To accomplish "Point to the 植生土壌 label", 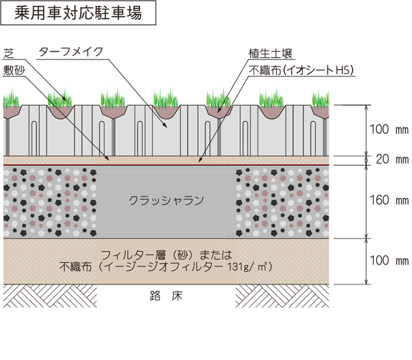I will (x=271, y=54).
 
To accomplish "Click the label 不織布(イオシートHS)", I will (x=302, y=69).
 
